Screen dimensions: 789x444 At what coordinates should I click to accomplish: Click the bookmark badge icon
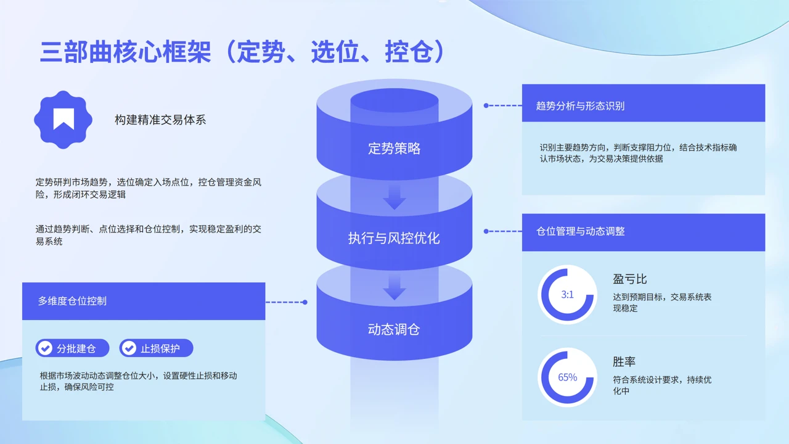coord(63,120)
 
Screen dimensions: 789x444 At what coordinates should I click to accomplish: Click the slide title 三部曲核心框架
coord(125,52)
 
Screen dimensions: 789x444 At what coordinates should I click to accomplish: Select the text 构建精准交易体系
coord(160,120)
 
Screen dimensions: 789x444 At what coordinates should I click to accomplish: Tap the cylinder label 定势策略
coord(394,149)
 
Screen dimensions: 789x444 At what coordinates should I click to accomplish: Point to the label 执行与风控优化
coord(394,238)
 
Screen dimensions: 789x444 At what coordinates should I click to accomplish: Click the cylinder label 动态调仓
coord(394,329)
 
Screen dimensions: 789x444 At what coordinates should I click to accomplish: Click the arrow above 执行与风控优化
coord(394,198)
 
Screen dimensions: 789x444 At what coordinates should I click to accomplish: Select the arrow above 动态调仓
coord(394,288)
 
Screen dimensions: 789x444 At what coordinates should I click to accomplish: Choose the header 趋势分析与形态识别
coord(580,105)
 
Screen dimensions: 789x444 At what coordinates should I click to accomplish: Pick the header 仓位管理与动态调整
coord(580,231)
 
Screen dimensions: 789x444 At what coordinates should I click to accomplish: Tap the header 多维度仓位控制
coord(72,301)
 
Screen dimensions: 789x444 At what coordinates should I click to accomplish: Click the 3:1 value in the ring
coord(567,295)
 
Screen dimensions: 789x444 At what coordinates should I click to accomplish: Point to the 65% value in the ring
coord(567,377)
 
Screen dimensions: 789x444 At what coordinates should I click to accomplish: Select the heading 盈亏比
coord(630,279)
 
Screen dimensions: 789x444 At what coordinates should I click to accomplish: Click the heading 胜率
coord(624,361)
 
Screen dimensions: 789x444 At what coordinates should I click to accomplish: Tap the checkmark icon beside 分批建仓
coord(45,348)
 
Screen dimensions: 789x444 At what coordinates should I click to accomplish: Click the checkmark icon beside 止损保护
coord(129,348)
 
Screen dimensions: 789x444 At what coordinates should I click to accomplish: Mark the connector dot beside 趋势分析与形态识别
coord(486,105)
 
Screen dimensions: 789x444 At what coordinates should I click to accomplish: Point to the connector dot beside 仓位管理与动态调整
coord(486,231)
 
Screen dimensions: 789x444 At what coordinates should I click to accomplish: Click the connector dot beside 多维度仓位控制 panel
coord(305,302)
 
